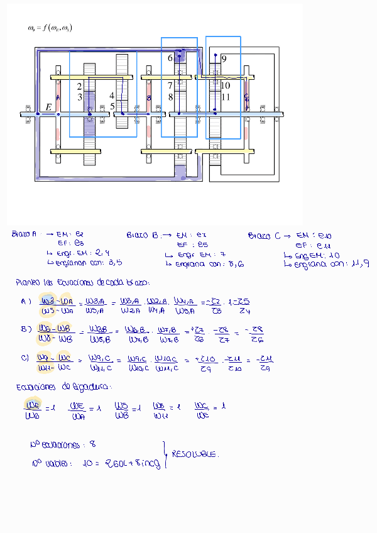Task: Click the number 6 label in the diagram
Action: point(170,58)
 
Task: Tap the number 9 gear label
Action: point(224,58)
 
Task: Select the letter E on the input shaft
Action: point(48,107)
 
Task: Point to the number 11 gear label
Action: point(226,97)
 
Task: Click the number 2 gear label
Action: point(79,86)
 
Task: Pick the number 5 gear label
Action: point(112,106)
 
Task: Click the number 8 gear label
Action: point(170,97)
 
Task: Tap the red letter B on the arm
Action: point(149,99)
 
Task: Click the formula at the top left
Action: point(50,28)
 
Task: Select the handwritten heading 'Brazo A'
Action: point(24,234)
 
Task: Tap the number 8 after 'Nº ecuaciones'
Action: point(92,444)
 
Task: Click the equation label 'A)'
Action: point(25,301)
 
